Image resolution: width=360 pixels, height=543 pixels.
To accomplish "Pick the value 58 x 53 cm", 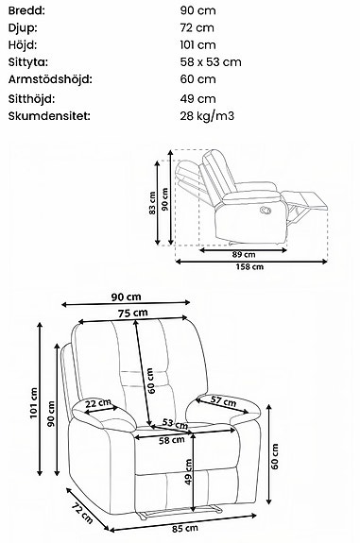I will click(212, 62).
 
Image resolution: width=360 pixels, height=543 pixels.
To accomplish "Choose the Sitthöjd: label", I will click(31, 97).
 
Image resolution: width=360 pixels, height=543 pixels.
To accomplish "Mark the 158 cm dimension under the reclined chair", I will click(250, 267).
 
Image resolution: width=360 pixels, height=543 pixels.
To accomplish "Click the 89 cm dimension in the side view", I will click(243, 255).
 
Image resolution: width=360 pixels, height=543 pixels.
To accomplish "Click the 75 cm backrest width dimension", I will click(132, 313).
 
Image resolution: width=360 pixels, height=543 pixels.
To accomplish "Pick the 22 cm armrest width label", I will click(96, 404).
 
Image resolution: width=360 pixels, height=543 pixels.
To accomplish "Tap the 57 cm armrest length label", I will click(223, 400).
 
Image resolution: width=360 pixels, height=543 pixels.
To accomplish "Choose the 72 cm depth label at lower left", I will click(81, 513).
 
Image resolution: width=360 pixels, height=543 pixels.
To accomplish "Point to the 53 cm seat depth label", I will click(170, 423).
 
